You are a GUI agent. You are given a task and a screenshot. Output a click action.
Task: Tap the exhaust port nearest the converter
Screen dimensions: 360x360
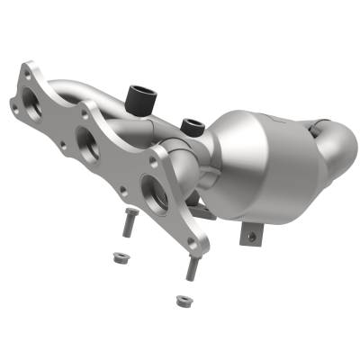click(x=155, y=193)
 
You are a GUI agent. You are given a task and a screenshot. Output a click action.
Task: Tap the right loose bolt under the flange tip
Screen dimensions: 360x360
click(x=192, y=267)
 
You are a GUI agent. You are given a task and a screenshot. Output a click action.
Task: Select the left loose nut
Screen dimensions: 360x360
click(x=115, y=256)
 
